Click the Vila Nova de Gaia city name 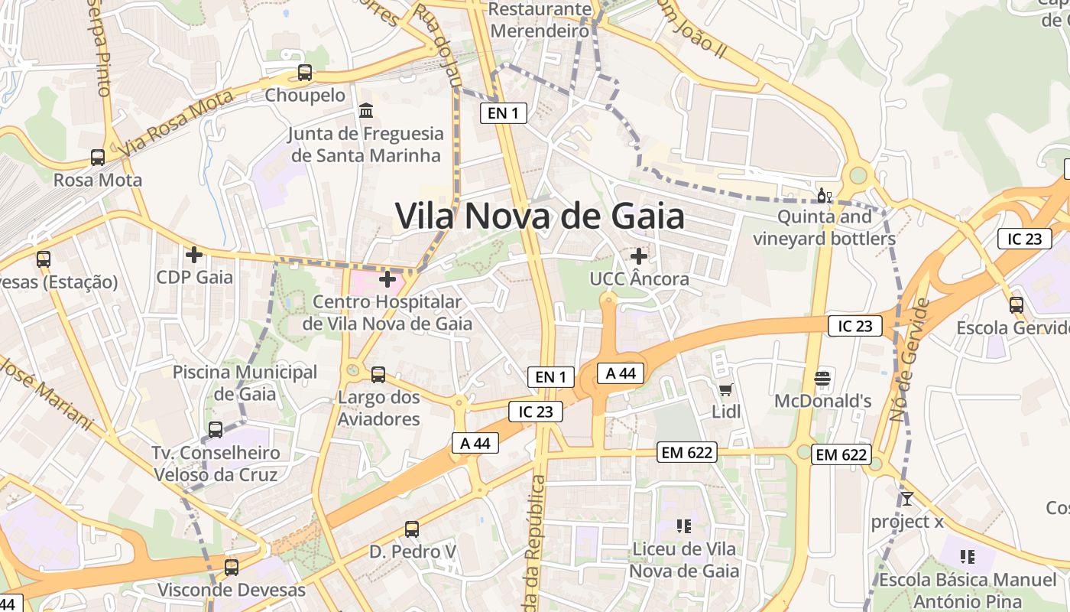point(540,216)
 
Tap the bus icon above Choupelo point(305,73)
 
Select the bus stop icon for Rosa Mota point(98,158)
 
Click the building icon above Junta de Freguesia point(366,111)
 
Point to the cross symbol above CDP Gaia point(194,254)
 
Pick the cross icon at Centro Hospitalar point(387,279)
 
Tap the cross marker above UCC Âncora point(639,256)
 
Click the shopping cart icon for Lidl point(726,390)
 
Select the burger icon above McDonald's point(822,378)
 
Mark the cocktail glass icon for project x point(907,500)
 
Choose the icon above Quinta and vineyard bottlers point(824,196)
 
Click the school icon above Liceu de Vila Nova point(684,526)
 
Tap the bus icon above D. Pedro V point(412,529)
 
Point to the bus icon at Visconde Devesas point(232,568)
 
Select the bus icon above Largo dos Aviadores point(378,375)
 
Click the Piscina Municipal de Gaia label point(245,383)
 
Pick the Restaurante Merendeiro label point(540,20)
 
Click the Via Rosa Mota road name point(176,123)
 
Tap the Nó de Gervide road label point(909,360)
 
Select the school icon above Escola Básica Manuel point(968,556)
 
